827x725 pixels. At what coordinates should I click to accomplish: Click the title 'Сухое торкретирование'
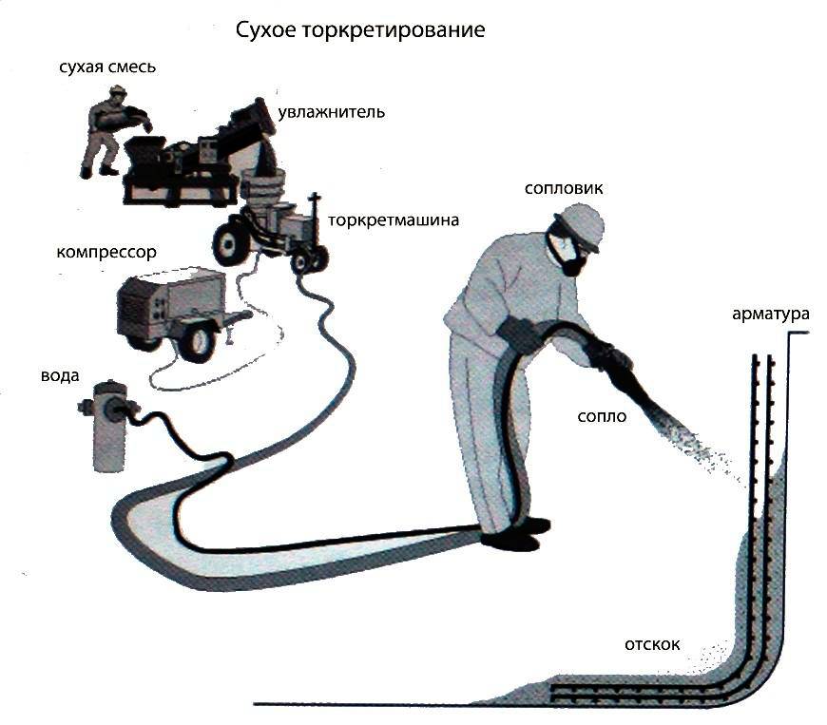(360, 30)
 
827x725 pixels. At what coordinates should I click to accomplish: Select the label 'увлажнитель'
(331, 113)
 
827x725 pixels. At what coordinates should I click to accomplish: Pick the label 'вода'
(59, 374)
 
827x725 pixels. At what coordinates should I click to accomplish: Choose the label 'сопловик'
(564, 188)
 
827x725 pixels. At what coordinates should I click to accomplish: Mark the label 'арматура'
(770, 314)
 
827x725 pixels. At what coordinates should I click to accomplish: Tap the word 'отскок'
(652, 643)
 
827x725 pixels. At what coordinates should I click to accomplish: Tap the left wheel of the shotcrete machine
(228, 243)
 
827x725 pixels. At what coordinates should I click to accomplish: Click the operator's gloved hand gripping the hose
(518, 334)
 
